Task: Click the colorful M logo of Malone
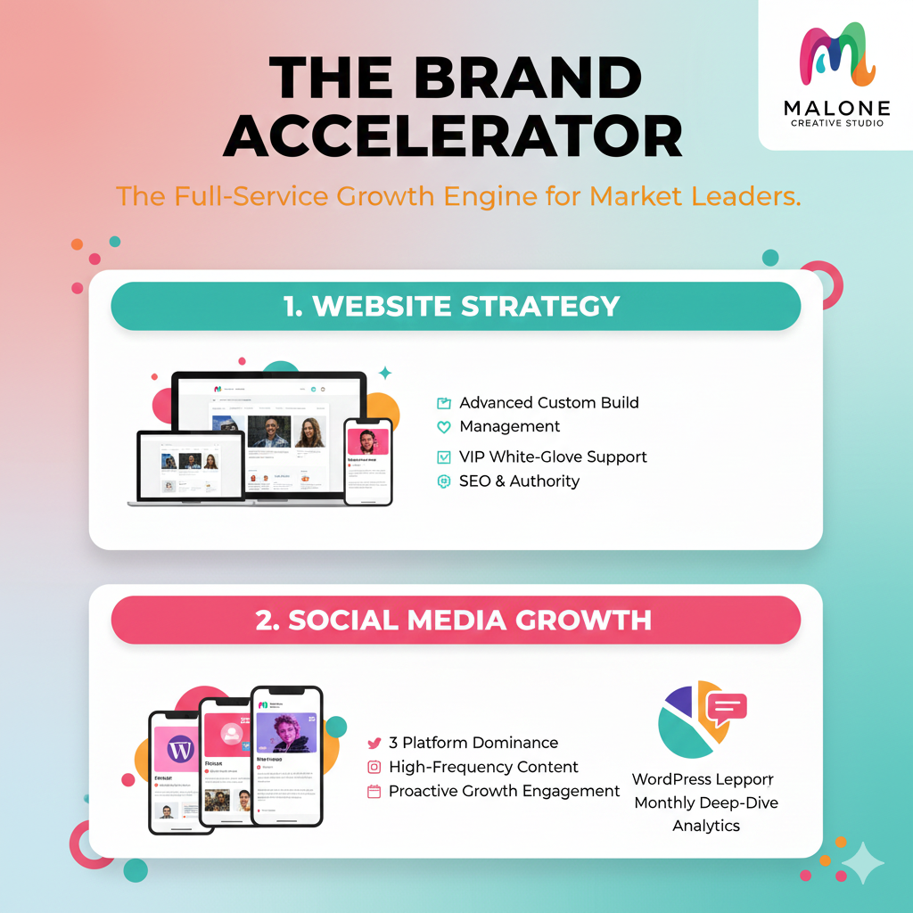click(835, 56)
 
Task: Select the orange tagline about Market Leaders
click(458, 195)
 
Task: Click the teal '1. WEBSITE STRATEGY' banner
click(455, 306)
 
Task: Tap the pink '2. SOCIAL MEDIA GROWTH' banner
click(455, 620)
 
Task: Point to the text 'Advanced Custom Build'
click(548, 402)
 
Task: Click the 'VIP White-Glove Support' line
click(553, 456)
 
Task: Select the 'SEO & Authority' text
click(519, 481)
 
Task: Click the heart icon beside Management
click(443, 427)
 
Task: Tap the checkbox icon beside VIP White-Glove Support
click(443, 457)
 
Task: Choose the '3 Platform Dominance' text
click(473, 743)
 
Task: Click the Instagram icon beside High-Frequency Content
click(374, 767)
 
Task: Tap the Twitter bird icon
click(374, 743)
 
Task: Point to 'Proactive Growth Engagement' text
click(504, 791)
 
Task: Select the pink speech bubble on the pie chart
click(726, 709)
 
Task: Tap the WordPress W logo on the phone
click(181, 748)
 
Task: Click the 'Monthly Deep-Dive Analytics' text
click(705, 814)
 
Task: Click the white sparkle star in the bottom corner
click(862, 862)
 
